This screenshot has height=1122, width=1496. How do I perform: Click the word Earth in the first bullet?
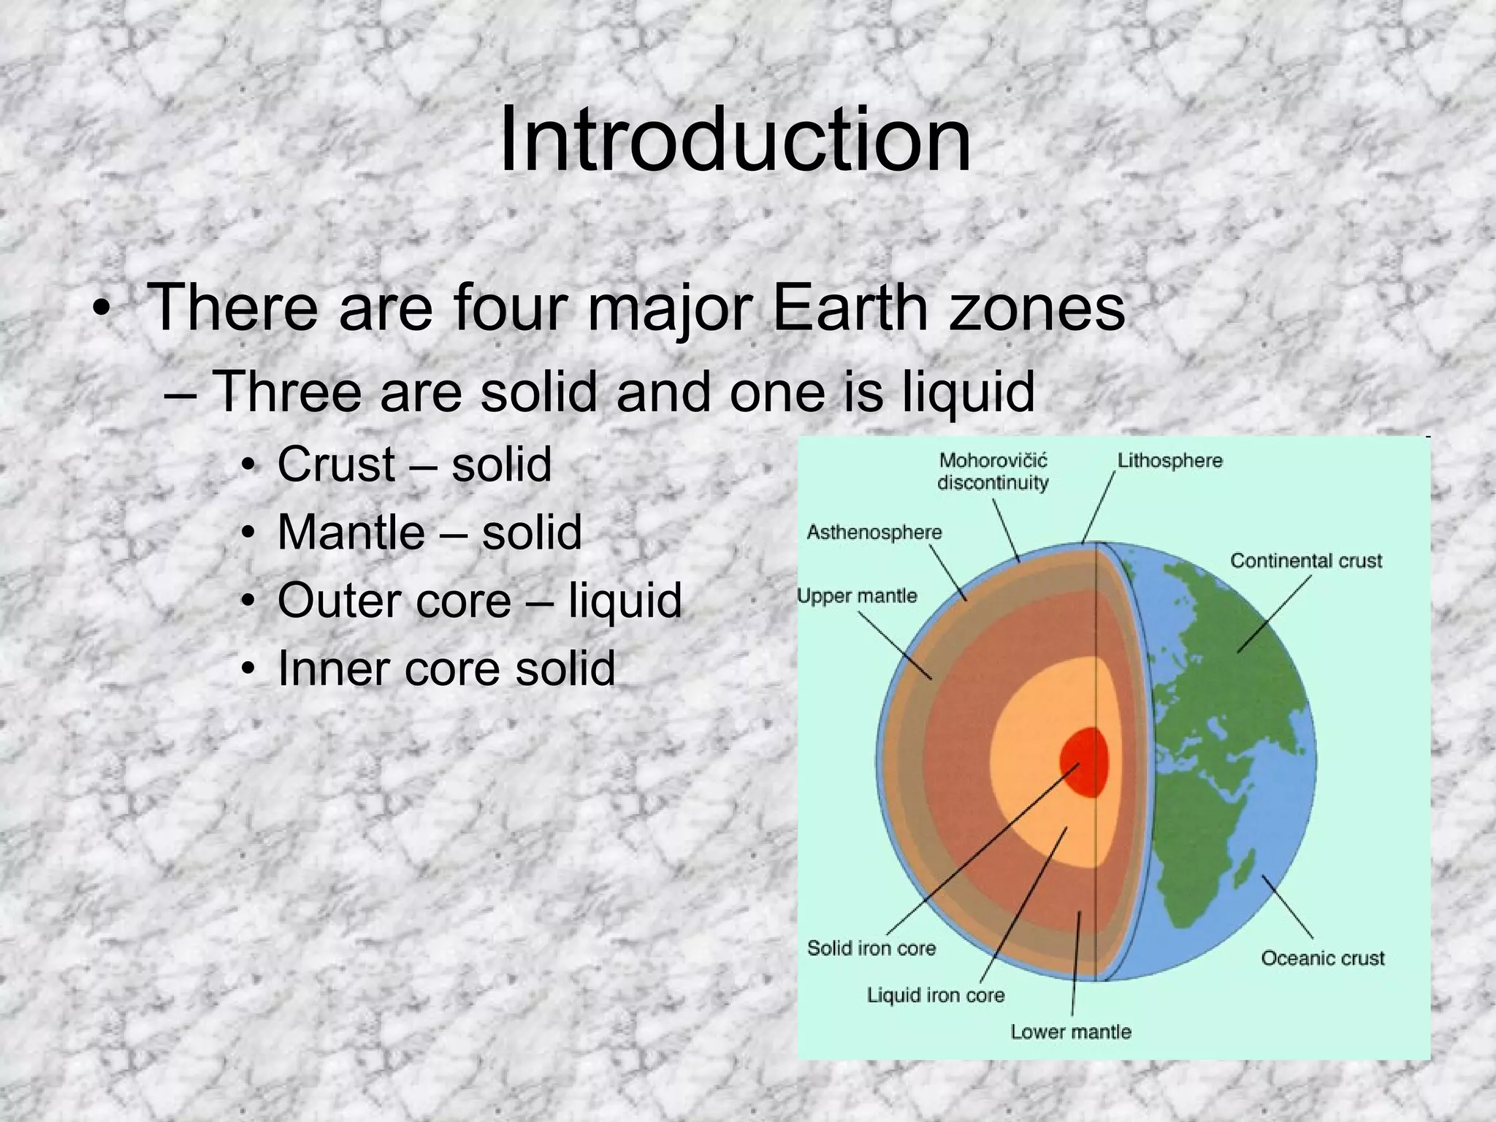pyautogui.click(x=849, y=308)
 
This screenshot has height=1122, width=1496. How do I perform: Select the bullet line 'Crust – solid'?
pyautogui.click(x=413, y=464)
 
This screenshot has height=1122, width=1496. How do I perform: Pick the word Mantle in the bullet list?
pyautogui.click(x=351, y=532)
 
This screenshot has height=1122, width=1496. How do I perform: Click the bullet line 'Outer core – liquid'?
pyautogui.click(x=479, y=600)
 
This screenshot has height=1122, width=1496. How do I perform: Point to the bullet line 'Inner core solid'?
pyautogui.click(x=446, y=668)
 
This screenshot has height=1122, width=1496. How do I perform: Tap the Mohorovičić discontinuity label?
pyautogui.click(x=993, y=471)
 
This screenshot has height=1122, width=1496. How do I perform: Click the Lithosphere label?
pyautogui.click(x=1169, y=461)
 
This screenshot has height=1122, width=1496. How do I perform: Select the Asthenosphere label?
pyautogui.click(x=874, y=532)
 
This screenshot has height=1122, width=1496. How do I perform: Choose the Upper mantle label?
pyautogui.click(x=857, y=596)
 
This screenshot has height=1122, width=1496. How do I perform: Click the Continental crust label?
pyautogui.click(x=1306, y=561)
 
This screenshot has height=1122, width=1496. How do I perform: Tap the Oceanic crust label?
pyautogui.click(x=1322, y=958)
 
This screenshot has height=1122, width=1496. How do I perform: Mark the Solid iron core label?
pyautogui.click(x=871, y=948)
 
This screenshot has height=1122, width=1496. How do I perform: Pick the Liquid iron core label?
pyautogui.click(x=936, y=995)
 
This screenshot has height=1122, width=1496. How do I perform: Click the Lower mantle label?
pyautogui.click(x=1071, y=1031)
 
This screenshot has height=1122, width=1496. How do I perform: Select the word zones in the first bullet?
pyautogui.click(x=1037, y=308)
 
